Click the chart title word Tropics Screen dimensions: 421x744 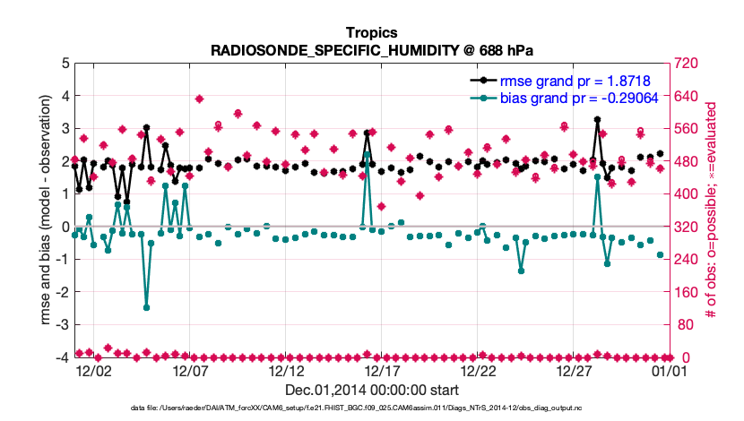coord(372,32)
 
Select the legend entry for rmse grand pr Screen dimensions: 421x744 coord(575,80)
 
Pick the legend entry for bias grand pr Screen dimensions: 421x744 coord(578,97)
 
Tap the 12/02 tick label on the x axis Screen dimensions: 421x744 coord(93,370)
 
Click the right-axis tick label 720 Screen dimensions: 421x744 coord(688,63)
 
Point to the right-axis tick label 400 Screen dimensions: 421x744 coord(688,193)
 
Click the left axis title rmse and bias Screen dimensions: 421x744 coord(45,210)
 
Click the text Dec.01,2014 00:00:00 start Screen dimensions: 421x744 coord(372,390)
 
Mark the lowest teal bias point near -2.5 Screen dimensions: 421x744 coord(146,307)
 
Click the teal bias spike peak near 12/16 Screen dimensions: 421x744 coord(368,155)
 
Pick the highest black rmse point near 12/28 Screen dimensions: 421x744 coord(597,119)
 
